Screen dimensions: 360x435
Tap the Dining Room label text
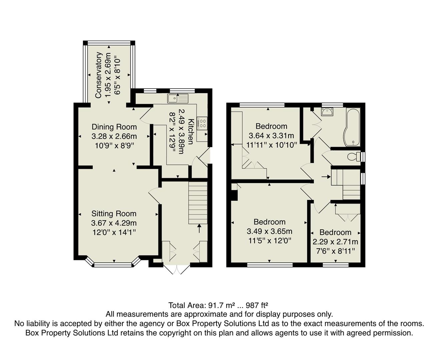[114, 127]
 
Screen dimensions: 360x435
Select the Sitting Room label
[114, 214]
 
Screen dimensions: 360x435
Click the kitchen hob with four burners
[202, 123]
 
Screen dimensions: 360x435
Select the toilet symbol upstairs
[353, 156]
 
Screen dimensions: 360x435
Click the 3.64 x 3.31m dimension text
[271, 136]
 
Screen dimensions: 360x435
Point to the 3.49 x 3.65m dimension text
[269, 231]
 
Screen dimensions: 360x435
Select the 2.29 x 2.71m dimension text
[335, 242]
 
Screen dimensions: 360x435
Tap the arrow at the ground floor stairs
[199, 228]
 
